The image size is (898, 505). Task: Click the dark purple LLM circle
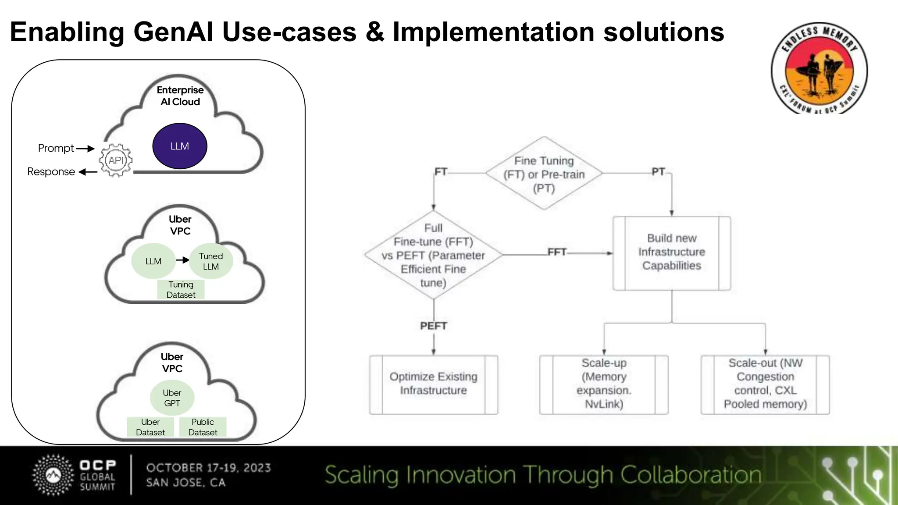[x=179, y=146]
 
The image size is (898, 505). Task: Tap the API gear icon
[x=116, y=160]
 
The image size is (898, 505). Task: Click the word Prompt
[x=56, y=148]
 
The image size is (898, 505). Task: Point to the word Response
[x=51, y=172]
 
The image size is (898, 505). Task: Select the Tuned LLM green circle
[x=211, y=261]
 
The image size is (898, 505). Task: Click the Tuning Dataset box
[x=181, y=290]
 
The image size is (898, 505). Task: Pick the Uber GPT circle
[x=172, y=398]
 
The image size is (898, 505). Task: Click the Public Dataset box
[x=203, y=427]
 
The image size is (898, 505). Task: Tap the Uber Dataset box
[x=150, y=427]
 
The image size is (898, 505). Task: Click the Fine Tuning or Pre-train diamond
[x=544, y=174]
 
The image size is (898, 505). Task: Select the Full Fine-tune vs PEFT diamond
[x=433, y=255]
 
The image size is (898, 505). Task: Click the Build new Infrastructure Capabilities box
[x=671, y=252]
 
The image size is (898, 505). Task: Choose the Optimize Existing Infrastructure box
[x=433, y=384]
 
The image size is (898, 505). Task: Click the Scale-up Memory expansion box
[x=604, y=384]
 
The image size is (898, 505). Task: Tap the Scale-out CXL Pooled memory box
[x=765, y=384]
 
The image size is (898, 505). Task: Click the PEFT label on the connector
[x=433, y=326]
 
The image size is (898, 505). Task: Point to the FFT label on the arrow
[x=557, y=252]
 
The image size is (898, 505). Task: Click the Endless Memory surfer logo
[x=819, y=68]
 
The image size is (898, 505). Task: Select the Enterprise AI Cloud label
[x=180, y=96]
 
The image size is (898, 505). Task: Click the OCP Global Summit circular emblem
[x=53, y=475]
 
